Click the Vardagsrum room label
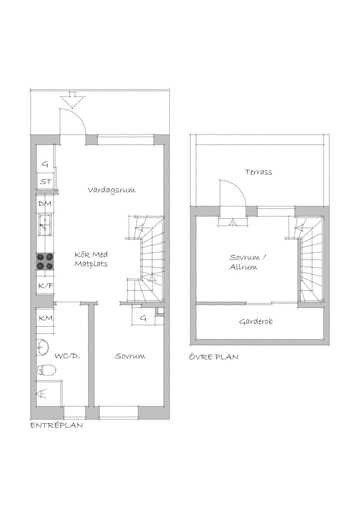(x=112, y=190)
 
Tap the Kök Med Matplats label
(x=91, y=259)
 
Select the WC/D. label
(x=67, y=356)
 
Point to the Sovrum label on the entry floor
(x=130, y=356)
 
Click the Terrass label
(x=258, y=172)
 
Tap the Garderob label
(x=256, y=321)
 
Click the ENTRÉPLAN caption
(x=57, y=425)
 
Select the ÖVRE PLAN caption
(x=214, y=357)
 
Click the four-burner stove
(x=45, y=262)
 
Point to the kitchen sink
(x=45, y=225)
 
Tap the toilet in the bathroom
(x=47, y=369)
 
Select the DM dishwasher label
(x=45, y=204)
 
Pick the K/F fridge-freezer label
(x=45, y=286)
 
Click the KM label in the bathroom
(x=45, y=318)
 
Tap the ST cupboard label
(x=45, y=182)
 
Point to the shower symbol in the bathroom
(x=41, y=394)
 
